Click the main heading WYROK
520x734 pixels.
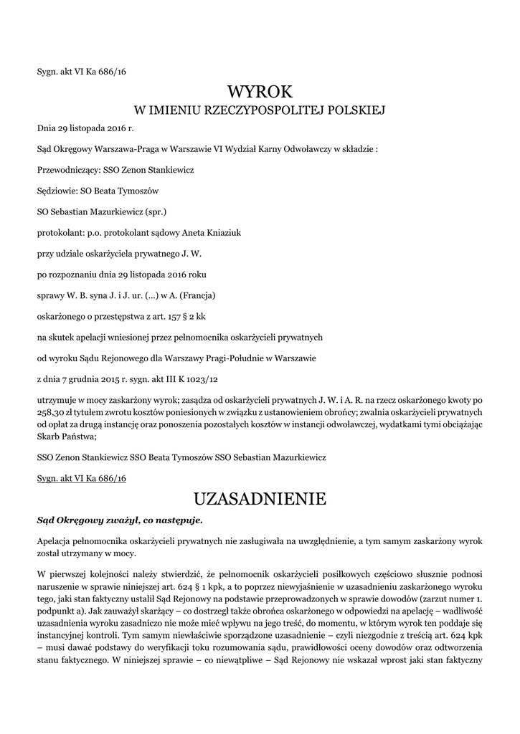[260, 92]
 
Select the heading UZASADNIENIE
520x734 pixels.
[260, 497]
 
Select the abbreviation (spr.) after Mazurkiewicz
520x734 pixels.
[159, 212]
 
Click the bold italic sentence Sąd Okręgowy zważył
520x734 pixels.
[120, 519]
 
